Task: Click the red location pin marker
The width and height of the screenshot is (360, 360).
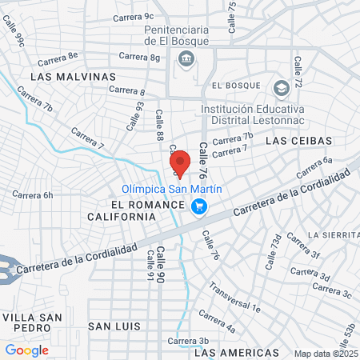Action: (x=180, y=162)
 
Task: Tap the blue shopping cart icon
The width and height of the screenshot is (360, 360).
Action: (x=200, y=207)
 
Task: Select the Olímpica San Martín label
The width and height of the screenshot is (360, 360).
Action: (x=171, y=190)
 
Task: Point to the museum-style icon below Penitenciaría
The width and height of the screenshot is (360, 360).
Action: (x=186, y=57)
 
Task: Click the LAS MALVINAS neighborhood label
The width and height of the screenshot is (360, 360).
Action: (x=73, y=76)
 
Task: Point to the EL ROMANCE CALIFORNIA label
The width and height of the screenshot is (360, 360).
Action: (x=132, y=210)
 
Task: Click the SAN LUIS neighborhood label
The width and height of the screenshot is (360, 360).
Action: (x=114, y=326)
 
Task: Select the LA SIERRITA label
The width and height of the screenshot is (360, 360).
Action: (x=335, y=235)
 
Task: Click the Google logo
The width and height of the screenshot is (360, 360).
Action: (x=26, y=350)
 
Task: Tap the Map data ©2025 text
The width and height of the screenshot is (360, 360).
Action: (x=325, y=354)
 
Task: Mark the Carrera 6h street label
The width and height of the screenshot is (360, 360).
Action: (x=32, y=194)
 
